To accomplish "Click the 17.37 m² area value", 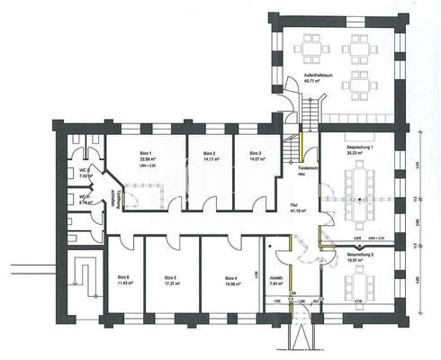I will pos(168,283).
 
